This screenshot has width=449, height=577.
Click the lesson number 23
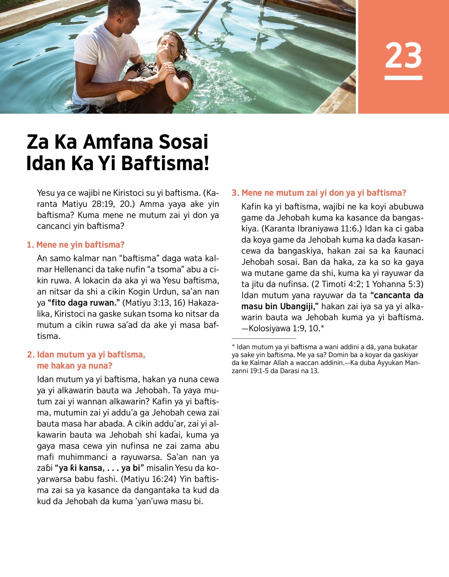pyautogui.click(x=403, y=55)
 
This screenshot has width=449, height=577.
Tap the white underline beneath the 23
pyautogui.click(x=403, y=78)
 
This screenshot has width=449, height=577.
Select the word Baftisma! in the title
pyautogui.click(x=165, y=163)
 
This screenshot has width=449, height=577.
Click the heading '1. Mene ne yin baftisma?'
pyautogui.click(x=76, y=245)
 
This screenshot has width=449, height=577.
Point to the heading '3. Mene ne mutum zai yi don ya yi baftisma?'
pyautogui.click(x=319, y=193)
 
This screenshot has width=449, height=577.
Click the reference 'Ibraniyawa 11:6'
pyautogui.click(x=324, y=228)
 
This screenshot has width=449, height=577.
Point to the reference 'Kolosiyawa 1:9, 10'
pyautogui.click(x=284, y=328)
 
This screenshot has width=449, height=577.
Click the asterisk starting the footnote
pyautogui.click(x=233, y=347)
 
